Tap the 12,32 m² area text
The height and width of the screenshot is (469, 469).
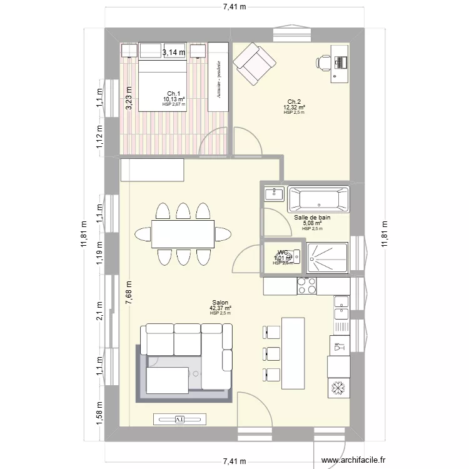[x=294, y=108]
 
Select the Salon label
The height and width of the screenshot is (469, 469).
[x=220, y=302]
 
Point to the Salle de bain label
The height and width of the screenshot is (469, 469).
[x=312, y=218]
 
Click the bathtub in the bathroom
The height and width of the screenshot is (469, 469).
[x=318, y=199]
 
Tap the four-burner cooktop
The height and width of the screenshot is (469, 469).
[x=306, y=286]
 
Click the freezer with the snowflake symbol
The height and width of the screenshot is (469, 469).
[x=338, y=388]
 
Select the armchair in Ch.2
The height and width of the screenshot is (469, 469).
[x=254, y=63]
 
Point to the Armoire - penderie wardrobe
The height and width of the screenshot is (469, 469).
[x=218, y=77]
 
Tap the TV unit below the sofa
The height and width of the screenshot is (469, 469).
[x=179, y=419]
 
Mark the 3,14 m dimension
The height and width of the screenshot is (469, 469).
[x=174, y=53]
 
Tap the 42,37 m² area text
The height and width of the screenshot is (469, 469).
[x=220, y=308]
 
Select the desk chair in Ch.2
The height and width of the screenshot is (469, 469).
[x=325, y=61]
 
